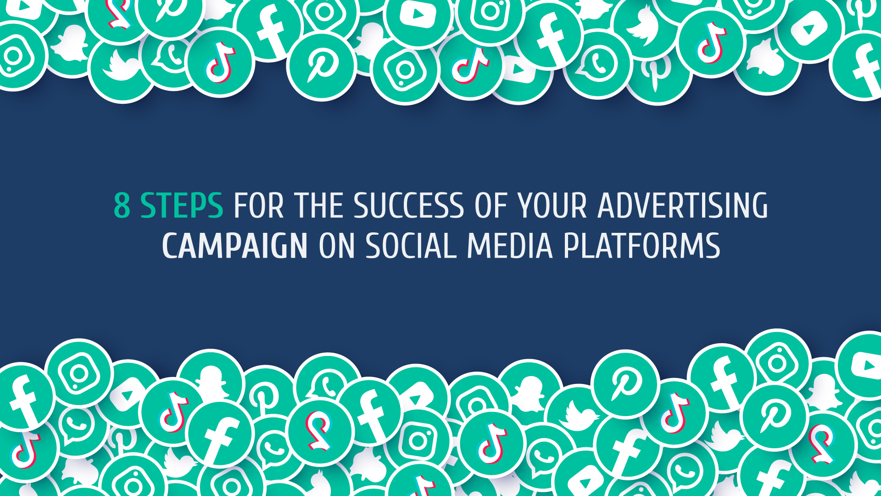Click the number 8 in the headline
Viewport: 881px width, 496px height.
(x=122, y=205)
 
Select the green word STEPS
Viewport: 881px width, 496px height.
(x=182, y=205)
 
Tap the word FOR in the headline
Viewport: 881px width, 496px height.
(x=259, y=205)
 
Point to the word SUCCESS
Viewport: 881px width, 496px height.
(x=409, y=205)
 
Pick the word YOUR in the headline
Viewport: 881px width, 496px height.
(x=553, y=205)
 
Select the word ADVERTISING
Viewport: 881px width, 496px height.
(x=683, y=205)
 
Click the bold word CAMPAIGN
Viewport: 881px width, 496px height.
(x=235, y=246)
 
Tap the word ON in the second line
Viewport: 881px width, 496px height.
(x=336, y=246)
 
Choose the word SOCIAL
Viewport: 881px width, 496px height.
(x=411, y=246)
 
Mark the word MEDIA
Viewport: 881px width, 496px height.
(x=509, y=246)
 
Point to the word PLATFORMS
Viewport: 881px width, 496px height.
(x=641, y=246)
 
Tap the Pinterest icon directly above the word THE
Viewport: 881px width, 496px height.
(x=321, y=66)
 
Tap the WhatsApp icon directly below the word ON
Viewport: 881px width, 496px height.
(x=327, y=384)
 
